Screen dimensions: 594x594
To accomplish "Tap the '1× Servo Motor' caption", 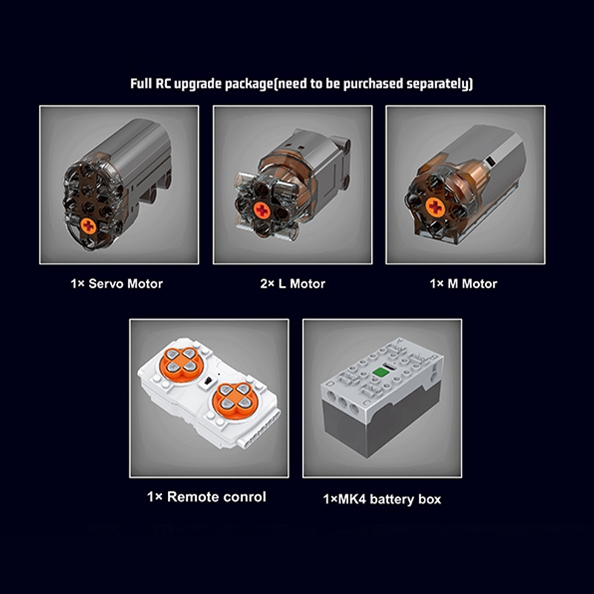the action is (117, 284).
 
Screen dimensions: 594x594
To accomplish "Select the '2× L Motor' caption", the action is (293, 284).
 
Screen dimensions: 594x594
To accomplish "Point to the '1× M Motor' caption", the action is (463, 284).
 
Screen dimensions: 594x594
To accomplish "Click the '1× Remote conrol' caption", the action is (206, 497).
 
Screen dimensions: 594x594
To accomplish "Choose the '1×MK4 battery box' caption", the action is (382, 499).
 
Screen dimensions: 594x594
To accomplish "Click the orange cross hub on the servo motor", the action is (88, 226).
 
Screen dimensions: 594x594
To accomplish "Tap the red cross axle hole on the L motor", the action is (262, 210).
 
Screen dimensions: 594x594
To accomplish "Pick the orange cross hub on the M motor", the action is (436, 207).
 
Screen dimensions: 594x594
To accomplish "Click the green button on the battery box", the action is (379, 372).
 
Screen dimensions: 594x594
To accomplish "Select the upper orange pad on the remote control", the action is (181, 365).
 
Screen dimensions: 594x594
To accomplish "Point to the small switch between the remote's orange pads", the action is (207, 382).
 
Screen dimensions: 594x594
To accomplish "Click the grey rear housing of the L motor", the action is (319, 159).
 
